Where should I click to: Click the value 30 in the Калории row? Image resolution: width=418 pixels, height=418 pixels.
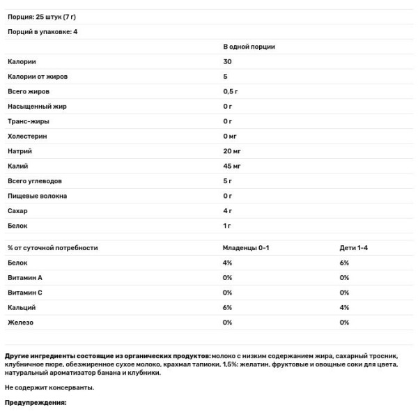pos(227,61)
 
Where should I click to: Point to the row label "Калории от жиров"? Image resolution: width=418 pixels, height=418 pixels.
pos(38,77)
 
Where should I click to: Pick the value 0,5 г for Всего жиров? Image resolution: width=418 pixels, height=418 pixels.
pos(230,91)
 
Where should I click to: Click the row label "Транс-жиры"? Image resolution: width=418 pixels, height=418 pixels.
pos(26,121)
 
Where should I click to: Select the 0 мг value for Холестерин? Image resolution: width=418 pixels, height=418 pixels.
pos(230,136)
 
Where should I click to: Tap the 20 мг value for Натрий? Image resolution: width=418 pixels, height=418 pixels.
pos(232,151)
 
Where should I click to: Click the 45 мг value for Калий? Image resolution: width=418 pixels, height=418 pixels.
pos(232,166)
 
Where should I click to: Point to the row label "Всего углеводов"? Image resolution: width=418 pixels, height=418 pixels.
pos(34,181)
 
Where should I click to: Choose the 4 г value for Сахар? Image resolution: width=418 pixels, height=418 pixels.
pos(227,210)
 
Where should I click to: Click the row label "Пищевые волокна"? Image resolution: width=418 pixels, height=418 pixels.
pos(38,196)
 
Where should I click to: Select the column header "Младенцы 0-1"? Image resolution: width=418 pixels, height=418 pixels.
pos(245,248)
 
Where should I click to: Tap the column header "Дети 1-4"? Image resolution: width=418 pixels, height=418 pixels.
pos(353,248)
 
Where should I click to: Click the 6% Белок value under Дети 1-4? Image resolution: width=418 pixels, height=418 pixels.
pos(344,263)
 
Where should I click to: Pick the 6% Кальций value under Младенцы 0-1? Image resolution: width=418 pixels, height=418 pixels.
pos(227,307)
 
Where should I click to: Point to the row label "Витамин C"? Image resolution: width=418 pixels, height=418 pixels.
pos(25,293)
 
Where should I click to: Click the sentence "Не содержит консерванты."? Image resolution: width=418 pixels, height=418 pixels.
pos(49,387)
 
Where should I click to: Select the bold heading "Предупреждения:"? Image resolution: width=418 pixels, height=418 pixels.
pos(35,403)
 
